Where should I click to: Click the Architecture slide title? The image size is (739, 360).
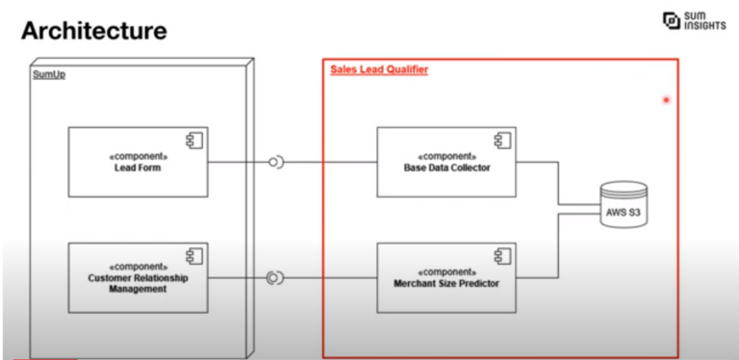(x=93, y=31)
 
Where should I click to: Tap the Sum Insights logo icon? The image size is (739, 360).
(x=671, y=19)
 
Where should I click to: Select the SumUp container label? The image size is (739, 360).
(x=36, y=74)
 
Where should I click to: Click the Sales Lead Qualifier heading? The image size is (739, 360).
(x=379, y=69)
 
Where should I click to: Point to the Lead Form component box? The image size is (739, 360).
(x=138, y=161)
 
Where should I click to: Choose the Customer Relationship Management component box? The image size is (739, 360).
(x=138, y=277)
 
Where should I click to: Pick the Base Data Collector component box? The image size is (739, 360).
(x=446, y=161)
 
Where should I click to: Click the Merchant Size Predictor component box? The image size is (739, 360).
(x=446, y=277)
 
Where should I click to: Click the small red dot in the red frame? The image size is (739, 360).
(x=665, y=100)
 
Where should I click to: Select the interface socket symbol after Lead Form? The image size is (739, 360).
(x=275, y=162)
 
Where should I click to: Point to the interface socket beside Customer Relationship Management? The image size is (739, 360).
(x=274, y=278)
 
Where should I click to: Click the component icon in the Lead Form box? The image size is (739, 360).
(x=194, y=141)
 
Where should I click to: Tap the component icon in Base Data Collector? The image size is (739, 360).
(x=501, y=141)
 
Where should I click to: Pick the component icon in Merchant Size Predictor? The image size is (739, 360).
(x=501, y=257)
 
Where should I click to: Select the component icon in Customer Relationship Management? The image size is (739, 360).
(x=194, y=257)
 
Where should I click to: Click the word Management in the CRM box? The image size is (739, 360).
(x=139, y=288)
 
